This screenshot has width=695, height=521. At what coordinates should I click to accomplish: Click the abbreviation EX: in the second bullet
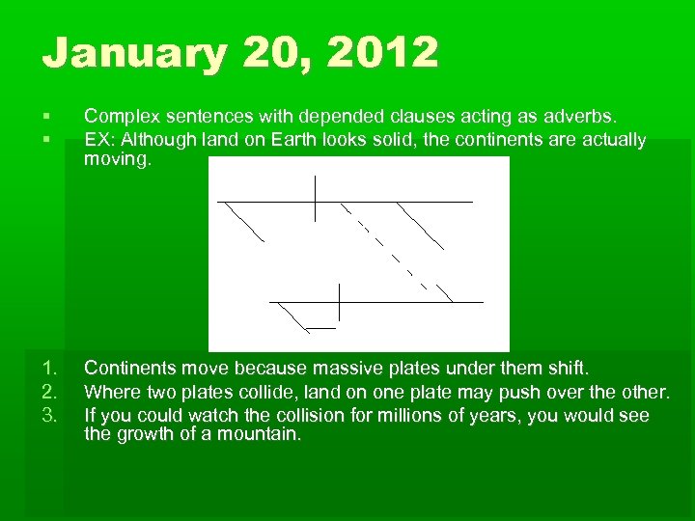(99, 139)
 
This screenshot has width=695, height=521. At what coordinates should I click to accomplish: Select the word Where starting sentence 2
(110, 392)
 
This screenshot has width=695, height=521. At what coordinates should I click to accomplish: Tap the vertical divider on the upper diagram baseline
(315, 199)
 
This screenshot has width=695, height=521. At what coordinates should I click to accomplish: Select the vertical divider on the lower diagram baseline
(339, 301)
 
